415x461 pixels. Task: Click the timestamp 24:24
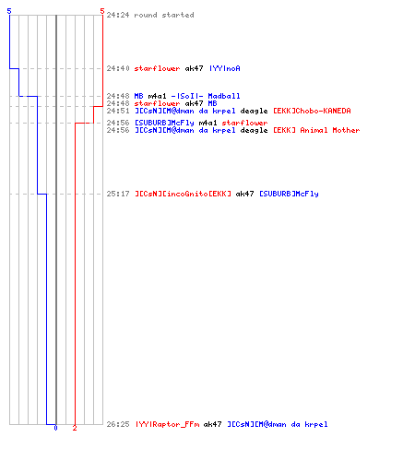[118, 15]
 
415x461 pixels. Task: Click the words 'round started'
[164, 15]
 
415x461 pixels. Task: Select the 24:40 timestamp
[118, 68]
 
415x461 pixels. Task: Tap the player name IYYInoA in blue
[225, 68]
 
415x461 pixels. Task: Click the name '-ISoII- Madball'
[206, 96]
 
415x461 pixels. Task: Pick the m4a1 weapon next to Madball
[157, 96]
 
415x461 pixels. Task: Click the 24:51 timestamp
[118, 111]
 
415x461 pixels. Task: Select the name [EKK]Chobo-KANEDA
[312, 111]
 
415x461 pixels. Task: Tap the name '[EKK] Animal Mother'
[316, 130]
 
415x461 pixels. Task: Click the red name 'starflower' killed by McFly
[244, 123]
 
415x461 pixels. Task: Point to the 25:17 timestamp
[118, 194]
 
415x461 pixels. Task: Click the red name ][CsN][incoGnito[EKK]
[183, 194]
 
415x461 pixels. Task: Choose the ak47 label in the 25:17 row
[244, 194]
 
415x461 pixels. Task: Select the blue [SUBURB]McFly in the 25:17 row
[289, 194]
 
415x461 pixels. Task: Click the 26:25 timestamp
[118, 424]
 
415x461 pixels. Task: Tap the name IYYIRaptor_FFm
[167, 424]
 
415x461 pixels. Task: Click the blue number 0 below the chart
[55, 428]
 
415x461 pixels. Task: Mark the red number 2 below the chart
[75, 428]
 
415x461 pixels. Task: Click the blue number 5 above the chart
[9, 11]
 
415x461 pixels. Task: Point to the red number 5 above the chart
[102, 11]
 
